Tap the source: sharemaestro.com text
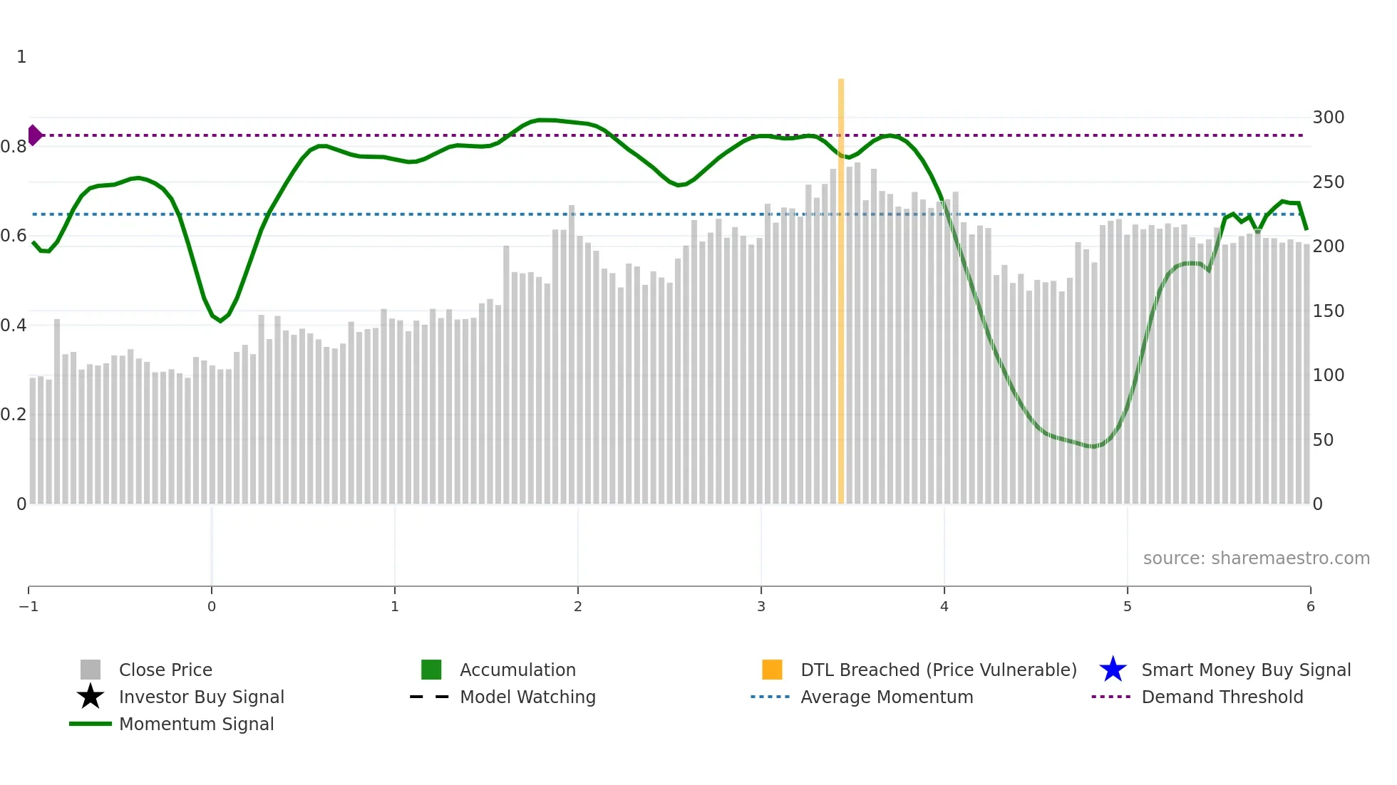pos(1256,558)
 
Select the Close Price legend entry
pos(165,670)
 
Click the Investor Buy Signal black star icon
pos(91,697)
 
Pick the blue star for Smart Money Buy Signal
pos(1113,670)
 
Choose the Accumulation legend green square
pos(431,670)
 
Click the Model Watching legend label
pos(527,697)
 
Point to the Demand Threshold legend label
pos(1222,697)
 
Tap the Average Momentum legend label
pos(887,697)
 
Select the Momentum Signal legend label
pos(196,724)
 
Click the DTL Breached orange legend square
pos(772,670)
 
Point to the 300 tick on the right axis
pos(1328,118)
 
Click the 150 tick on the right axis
pos(1328,311)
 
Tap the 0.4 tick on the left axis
pos(14,326)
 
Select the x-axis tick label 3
pos(761,607)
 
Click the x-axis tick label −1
pos(29,607)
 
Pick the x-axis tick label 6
pos(1310,607)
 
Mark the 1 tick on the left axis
pos(21,57)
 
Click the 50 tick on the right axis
pos(1323,440)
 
